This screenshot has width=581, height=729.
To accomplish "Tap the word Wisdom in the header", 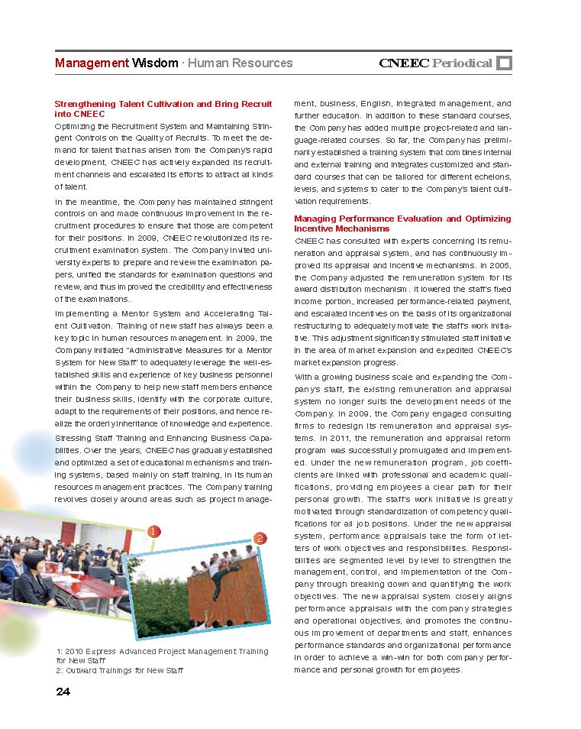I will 155,63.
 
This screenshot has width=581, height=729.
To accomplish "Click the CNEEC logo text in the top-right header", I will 404,63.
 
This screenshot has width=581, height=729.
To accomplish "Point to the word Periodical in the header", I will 462,63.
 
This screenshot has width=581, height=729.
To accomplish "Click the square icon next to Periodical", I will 504,63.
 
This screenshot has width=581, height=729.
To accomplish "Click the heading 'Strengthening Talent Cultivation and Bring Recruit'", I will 163,103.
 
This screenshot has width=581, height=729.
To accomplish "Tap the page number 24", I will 63,692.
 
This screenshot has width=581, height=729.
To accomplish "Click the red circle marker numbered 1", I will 153,531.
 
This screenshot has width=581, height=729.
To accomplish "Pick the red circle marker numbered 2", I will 260,538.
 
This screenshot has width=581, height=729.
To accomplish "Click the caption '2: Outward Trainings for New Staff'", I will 120,670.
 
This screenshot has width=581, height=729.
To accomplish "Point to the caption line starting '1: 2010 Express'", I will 163,651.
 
